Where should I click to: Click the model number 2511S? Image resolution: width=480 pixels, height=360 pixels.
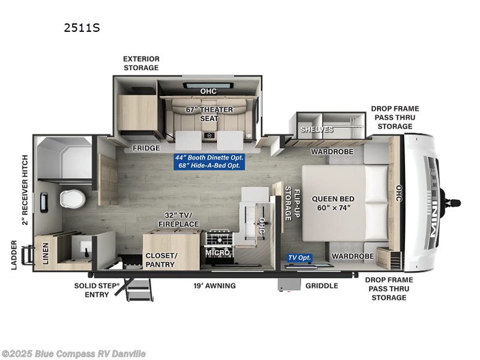81,28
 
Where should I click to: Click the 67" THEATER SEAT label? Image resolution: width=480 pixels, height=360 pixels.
200,114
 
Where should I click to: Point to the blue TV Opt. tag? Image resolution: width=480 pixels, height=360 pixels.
299,257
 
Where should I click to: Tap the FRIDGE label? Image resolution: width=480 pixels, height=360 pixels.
146,148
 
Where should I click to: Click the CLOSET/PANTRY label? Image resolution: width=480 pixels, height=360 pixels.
160,260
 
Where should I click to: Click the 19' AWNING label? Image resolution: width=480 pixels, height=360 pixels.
214,286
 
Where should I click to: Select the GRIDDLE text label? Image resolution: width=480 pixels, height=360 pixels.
322,286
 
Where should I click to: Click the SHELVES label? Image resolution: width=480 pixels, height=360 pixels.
317,130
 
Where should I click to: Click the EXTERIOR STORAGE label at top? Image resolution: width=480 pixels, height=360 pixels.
141,63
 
